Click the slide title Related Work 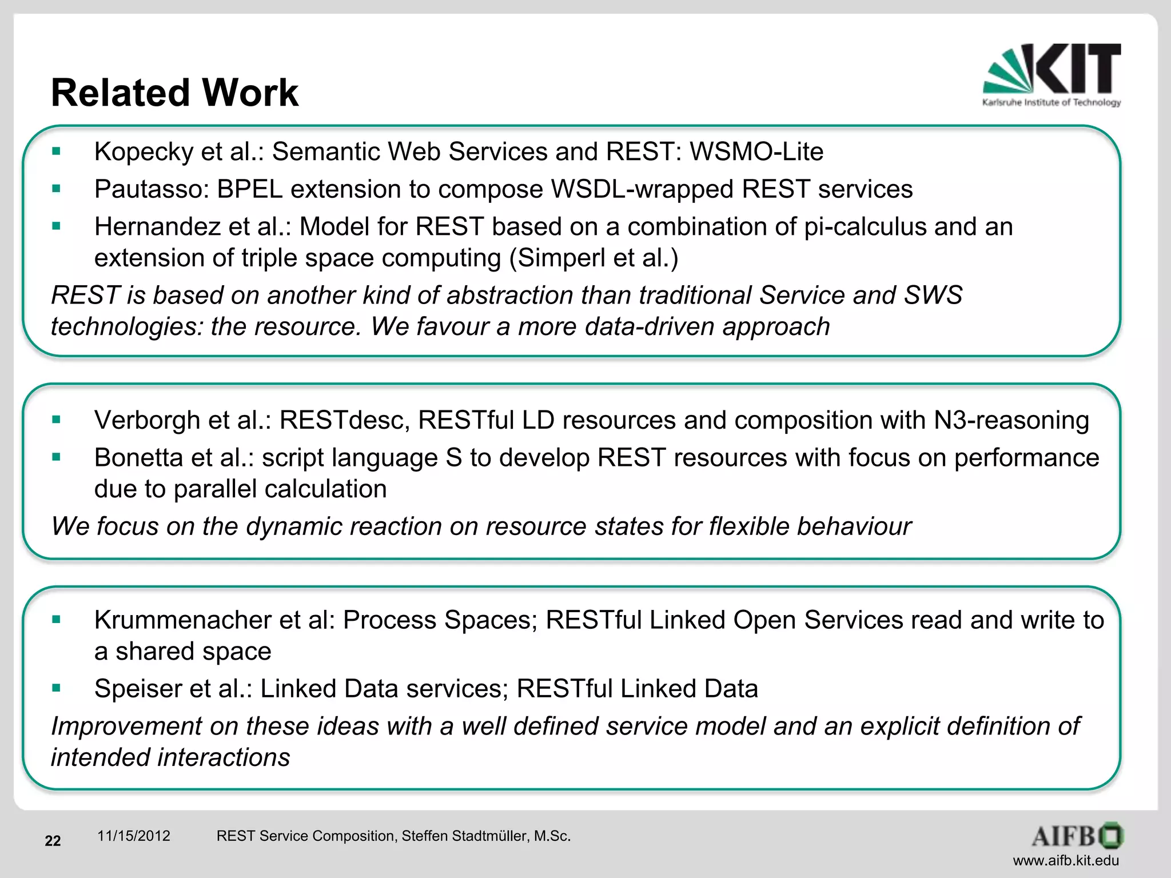click(x=174, y=93)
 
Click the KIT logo click(x=1052, y=74)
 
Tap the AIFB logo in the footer click(x=1077, y=836)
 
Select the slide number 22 click(x=53, y=841)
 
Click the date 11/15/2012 click(x=134, y=836)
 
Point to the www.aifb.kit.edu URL click(x=1066, y=860)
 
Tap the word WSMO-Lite click(x=756, y=152)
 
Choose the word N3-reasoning click(x=1011, y=420)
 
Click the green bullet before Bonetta click(x=56, y=457)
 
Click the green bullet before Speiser click(x=56, y=688)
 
